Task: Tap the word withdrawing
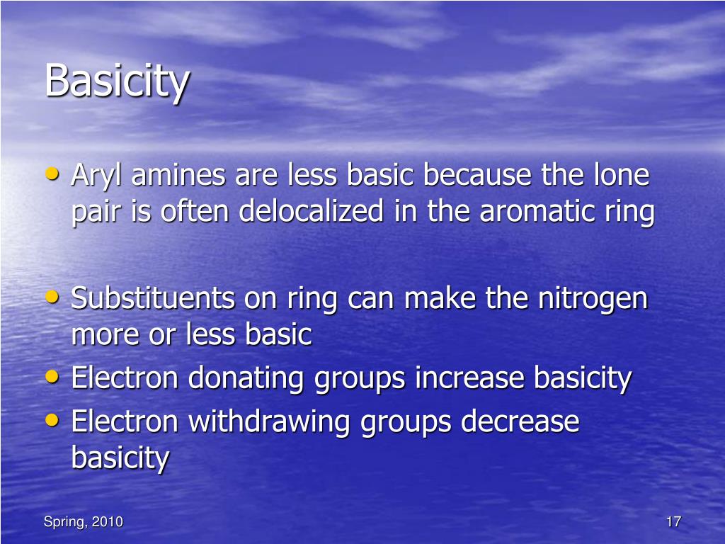[x=270, y=422]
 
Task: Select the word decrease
[x=520, y=422]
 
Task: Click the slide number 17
[x=673, y=522]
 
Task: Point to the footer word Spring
[x=62, y=523]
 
